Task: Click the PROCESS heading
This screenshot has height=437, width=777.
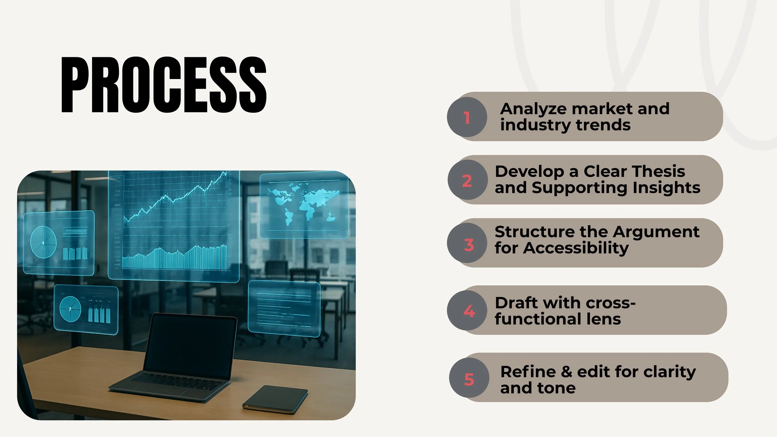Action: pos(164,85)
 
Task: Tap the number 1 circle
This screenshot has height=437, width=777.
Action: pos(467,117)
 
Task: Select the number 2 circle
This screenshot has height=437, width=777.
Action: pos(467,180)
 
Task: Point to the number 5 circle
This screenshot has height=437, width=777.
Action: pos(469,378)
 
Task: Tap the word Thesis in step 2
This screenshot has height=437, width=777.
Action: pos(659,171)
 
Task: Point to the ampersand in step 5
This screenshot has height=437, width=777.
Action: pos(566,372)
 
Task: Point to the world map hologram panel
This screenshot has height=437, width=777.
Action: pos(304,205)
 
